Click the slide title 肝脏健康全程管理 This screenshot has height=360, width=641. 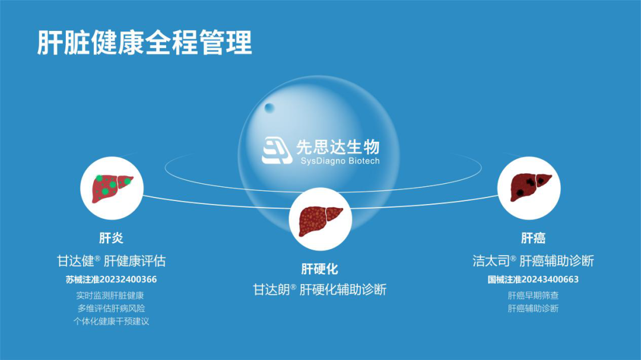point(144,43)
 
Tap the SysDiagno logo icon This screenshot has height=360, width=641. point(277,151)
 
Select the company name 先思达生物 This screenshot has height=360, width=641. point(338,146)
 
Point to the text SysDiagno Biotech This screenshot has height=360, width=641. point(340,161)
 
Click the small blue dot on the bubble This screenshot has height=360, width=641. point(269,108)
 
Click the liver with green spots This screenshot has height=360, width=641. point(112,189)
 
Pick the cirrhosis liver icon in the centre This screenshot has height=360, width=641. point(320,221)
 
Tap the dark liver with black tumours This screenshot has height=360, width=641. point(530,187)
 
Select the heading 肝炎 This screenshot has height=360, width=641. point(111,238)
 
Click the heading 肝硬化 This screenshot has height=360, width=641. point(320,269)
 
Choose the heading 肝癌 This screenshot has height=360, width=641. point(533,238)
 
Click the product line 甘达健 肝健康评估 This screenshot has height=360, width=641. point(111,261)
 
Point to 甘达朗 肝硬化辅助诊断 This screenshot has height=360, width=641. point(320,289)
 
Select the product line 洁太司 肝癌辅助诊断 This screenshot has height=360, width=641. point(533,261)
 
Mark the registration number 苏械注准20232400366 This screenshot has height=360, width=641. point(111,279)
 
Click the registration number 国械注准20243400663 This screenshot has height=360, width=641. point(533,279)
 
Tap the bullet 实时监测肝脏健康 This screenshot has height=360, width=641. point(110,295)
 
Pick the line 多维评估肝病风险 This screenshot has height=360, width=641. point(111,308)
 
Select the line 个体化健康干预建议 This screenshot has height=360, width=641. point(111,321)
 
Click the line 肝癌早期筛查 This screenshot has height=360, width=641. point(533,295)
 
